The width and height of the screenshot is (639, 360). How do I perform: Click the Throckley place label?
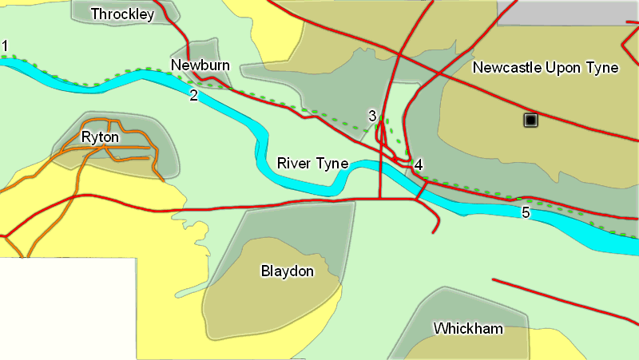pos(122,14)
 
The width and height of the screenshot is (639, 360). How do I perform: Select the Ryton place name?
pos(101,137)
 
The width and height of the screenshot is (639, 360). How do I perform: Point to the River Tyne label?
pos(312,164)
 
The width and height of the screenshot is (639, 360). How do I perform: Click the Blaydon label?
pos(288,271)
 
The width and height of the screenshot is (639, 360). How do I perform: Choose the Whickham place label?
pos(468,329)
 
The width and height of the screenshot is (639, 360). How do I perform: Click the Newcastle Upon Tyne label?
pos(546,68)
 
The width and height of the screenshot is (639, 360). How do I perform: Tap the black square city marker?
pos(530,120)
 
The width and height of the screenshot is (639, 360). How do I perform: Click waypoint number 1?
pos(5,45)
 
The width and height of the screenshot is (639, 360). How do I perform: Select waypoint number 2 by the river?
pos(193,96)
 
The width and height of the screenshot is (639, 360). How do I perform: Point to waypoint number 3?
pos(372,116)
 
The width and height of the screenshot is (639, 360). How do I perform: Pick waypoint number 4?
pos(419,165)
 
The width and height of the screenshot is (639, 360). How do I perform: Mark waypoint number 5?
pos(525,212)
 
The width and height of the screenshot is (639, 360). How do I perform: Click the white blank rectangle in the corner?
pos(67,308)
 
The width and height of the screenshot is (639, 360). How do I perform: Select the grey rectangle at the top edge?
pos(567,12)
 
